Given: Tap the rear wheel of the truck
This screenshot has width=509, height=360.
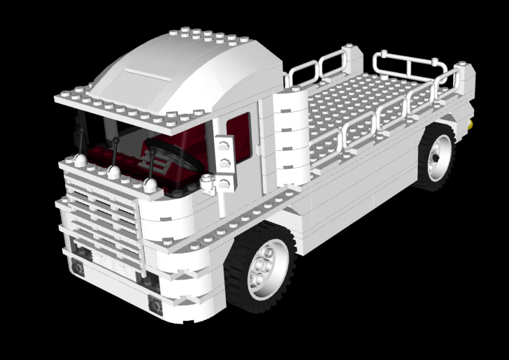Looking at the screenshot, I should point(436,155).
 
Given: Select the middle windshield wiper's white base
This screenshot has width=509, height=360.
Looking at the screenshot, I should point(114,171).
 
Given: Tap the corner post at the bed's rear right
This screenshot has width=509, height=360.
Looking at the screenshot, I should point(462,87).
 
